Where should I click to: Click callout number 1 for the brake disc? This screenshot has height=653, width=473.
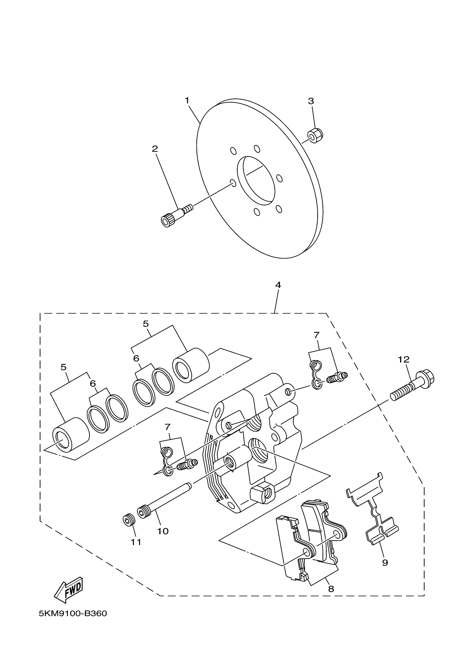[187, 100]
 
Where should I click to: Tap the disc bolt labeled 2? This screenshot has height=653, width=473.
[176, 216]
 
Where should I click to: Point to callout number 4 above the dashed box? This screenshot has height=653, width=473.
[278, 285]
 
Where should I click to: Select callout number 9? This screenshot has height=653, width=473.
[385, 562]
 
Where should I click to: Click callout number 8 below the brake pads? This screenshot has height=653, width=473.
[331, 589]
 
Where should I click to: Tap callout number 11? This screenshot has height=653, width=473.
[136, 542]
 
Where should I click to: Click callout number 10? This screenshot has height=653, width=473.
[163, 531]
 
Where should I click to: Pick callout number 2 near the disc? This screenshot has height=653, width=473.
[155, 149]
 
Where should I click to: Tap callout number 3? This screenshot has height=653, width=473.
[311, 101]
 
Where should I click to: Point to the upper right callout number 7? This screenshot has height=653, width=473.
[316, 335]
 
